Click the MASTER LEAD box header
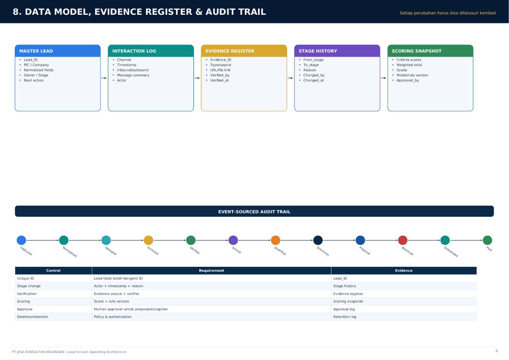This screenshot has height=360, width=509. tap(57, 51)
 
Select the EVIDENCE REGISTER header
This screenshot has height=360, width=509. tap(244, 51)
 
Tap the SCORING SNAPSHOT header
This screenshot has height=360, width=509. tap(430, 51)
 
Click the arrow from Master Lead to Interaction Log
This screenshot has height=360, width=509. tap(104, 78)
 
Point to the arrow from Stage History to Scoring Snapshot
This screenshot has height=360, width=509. tap(384, 78)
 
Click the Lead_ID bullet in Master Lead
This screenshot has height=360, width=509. tap(31, 60)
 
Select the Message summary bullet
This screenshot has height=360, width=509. tap(133, 75)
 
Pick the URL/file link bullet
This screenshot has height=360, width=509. tap(220, 70)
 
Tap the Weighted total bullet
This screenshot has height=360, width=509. tap(409, 65)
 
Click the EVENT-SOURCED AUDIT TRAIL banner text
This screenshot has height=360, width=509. tap(254, 212)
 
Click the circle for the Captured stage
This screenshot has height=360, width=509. tap(21, 240)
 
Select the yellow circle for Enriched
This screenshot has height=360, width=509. tap(148, 240)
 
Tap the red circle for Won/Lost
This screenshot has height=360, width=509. tap(402, 240)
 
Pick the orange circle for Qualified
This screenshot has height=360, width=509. tap(276, 240)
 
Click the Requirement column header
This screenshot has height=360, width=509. tap(211, 270)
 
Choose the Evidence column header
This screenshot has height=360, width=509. tap(404, 270)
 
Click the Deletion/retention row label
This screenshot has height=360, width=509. tap(32, 317)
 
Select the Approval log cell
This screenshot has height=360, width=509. tap(344, 309)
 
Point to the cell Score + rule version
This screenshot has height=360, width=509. tap(112, 301)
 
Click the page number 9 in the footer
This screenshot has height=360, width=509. tap(496, 351)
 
